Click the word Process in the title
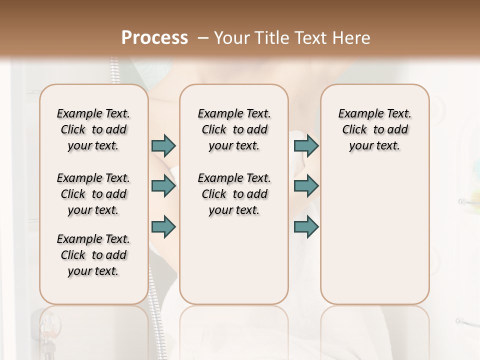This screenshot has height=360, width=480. point(154,38)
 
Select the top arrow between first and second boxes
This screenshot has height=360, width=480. point(163,145)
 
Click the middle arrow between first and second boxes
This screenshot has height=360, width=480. point(163,186)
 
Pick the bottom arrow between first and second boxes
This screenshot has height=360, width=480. point(163,226)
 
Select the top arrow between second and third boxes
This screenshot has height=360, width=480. point(306,145)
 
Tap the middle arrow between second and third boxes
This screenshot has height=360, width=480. point(306,186)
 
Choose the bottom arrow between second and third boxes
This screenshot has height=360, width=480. point(306,226)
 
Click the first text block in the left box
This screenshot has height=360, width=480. point(93,129)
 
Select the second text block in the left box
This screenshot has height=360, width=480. point(93,194)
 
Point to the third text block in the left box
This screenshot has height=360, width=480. point(93,255)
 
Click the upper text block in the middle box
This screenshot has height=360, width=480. point(234,129)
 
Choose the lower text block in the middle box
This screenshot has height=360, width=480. point(234,194)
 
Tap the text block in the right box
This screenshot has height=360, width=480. point(375,129)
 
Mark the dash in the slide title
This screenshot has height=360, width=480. point(203,38)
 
